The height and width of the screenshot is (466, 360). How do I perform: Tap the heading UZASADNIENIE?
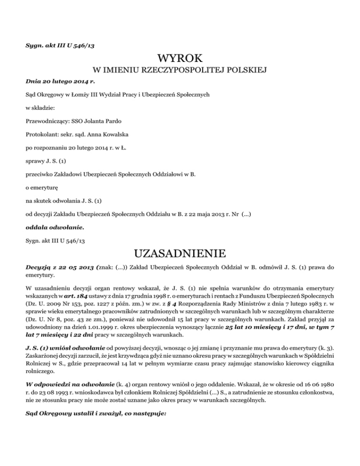click(x=180, y=255)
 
